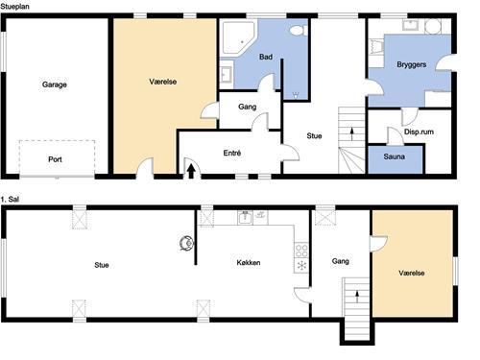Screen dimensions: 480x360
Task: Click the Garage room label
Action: coord(55,84)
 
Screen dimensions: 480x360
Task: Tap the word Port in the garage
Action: coord(55,159)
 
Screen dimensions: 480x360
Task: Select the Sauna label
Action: coord(395,156)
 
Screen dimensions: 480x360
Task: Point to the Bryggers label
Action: coord(412,64)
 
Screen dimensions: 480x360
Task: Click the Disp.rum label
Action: coord(419,132)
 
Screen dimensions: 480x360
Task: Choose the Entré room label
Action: coord(232,153)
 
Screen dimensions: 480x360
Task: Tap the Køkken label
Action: coord(249,263)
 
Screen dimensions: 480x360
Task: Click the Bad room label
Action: coord(266,57)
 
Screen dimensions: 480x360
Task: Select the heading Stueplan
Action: coord(14,6)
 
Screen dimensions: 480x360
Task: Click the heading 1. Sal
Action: coord(10,199)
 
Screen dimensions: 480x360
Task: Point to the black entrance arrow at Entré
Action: coord(191,171)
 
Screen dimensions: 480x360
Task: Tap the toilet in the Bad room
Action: coord(299,31)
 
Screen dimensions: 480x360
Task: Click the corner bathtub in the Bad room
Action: coord(238,37)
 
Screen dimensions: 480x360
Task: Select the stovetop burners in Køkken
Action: coord(301,251)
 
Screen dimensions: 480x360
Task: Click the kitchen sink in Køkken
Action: coord(246,218)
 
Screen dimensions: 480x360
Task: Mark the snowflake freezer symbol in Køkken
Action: coord(301,265)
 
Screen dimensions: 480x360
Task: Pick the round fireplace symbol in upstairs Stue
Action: coord(186,243)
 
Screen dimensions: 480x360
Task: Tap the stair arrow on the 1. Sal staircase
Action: coord(357,297)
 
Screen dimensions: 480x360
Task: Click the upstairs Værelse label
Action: coord(412,273)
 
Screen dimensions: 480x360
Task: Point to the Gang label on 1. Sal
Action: coord(340,261)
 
